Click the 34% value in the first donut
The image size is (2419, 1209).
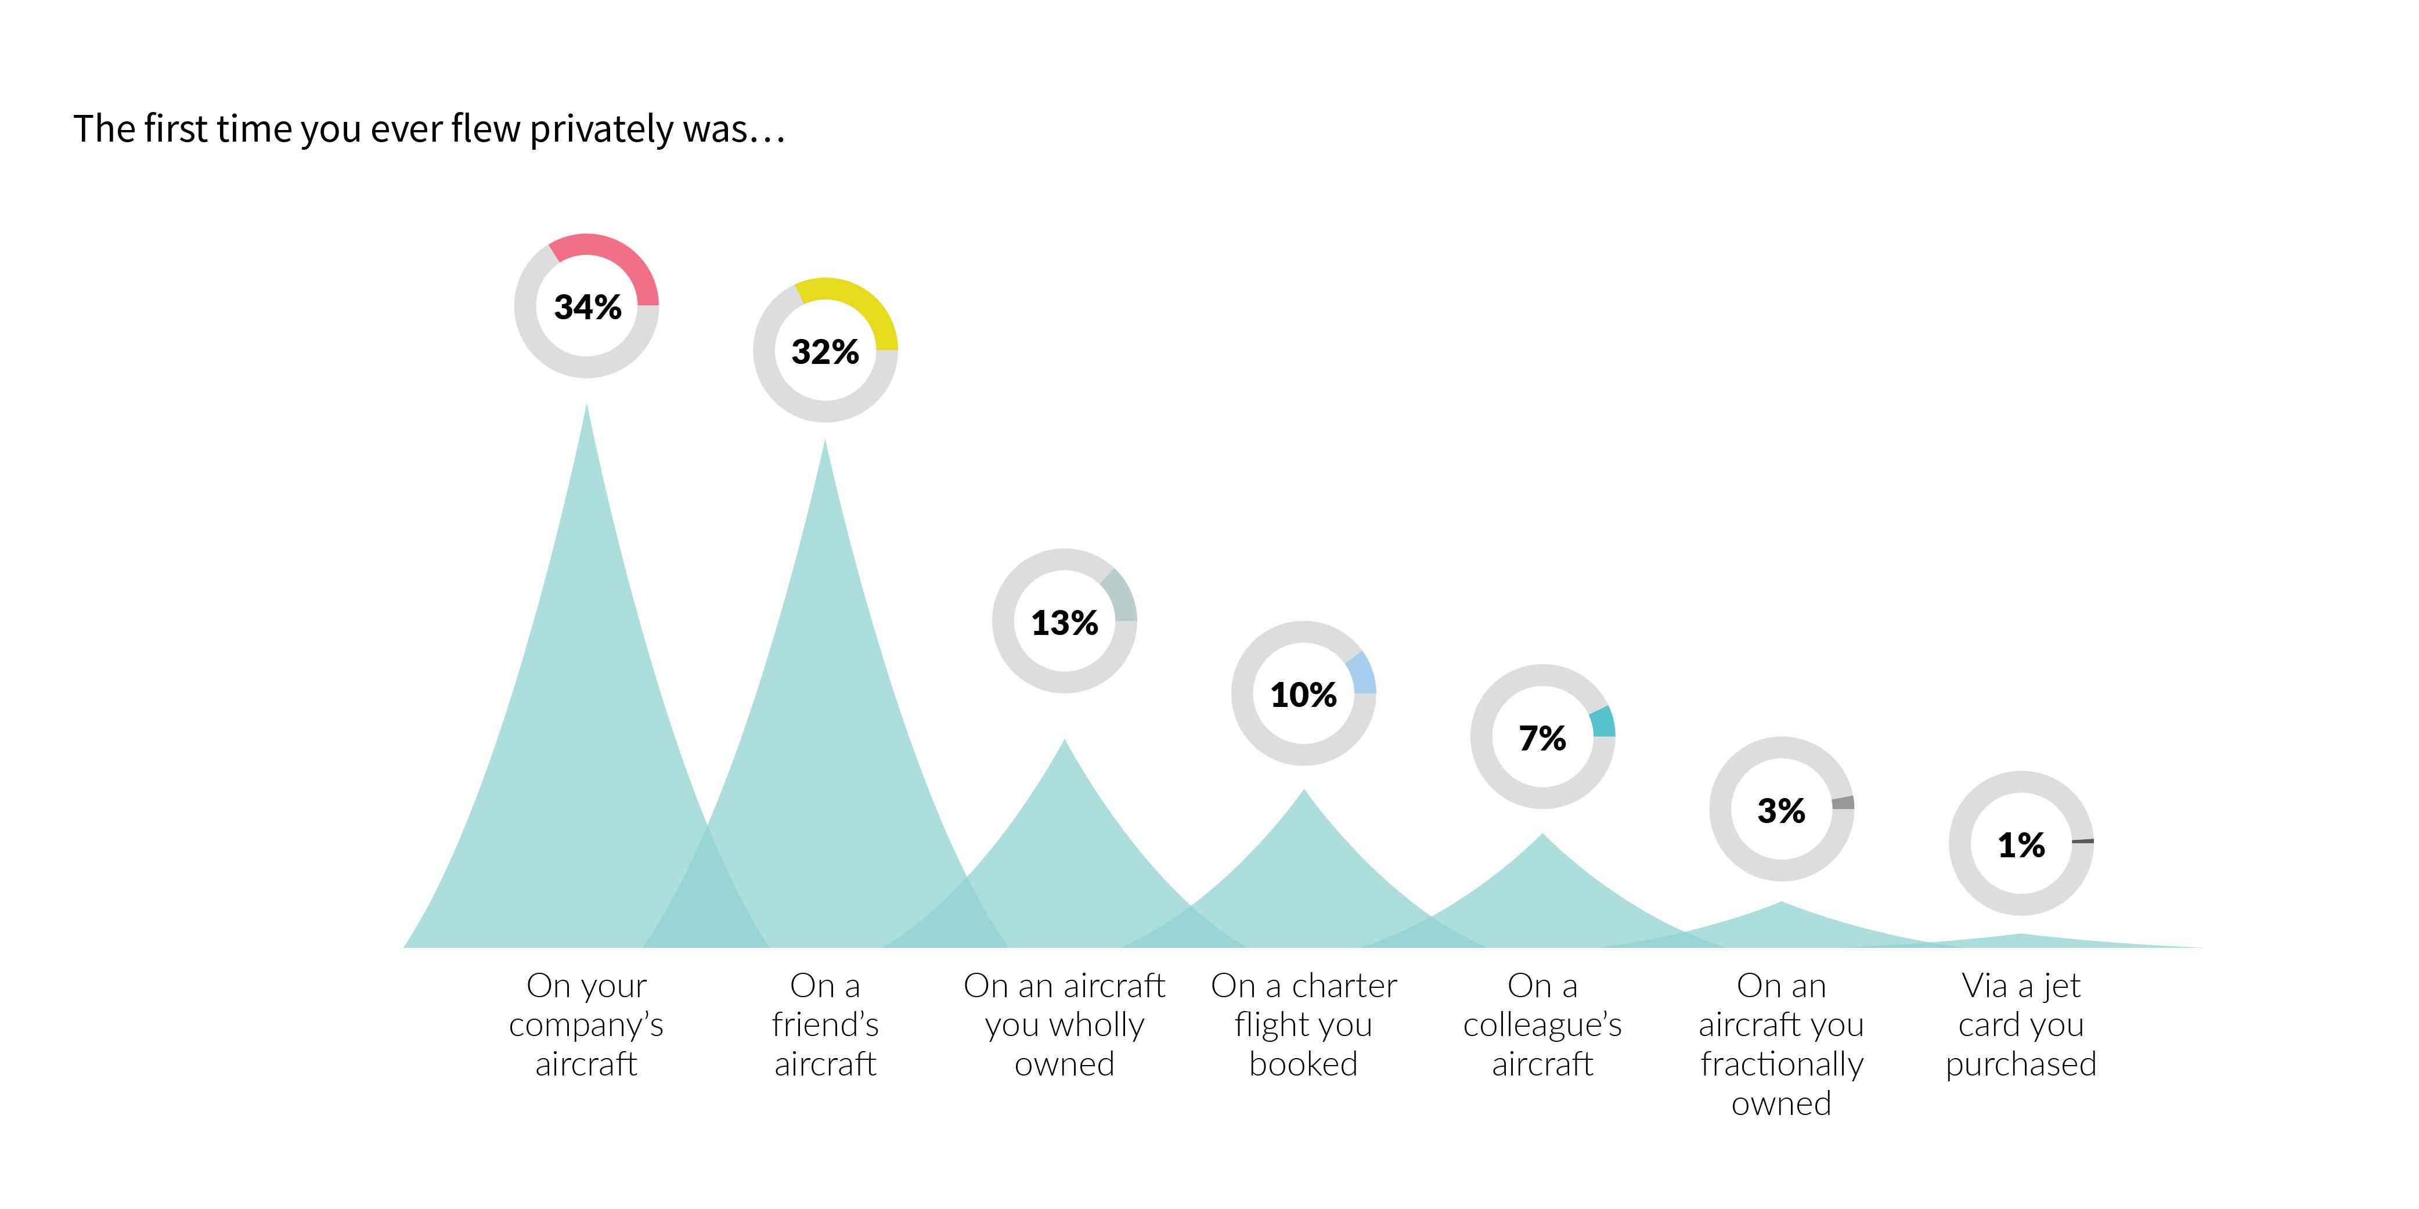pos(587,307)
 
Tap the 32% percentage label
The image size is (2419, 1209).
pos(824,352)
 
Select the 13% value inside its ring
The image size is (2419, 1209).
pos(1064,622)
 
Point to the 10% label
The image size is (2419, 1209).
pos(1303,695)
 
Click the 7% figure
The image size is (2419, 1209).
pos(1542,738)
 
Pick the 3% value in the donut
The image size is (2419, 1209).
pos(1780,810)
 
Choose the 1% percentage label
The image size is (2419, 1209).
pos(2020,845)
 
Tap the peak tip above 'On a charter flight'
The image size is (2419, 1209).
pos(1303,793)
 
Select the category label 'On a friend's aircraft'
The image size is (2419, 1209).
pos(824,1024)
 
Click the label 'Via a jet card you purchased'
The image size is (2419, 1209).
pos(2020,1024)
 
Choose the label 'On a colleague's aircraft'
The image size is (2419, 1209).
pos(1542,1024)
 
